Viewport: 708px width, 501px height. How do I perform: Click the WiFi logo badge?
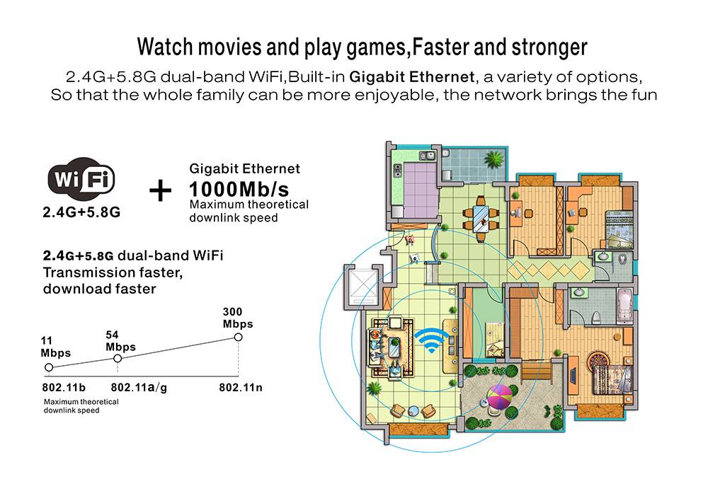click(81, 179)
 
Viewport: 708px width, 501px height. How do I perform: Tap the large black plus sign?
click(160, 191)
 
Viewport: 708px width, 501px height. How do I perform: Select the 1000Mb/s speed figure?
click(239, 189)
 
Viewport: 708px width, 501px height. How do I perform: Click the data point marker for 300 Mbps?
click(238, 337)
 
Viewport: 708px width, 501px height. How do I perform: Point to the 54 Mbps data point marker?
click(118, 358)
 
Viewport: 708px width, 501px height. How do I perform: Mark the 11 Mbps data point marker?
click(49, 367)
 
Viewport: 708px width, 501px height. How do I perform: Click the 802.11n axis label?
click(241, 387)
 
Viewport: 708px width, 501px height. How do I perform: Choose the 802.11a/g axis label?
click(139, 387)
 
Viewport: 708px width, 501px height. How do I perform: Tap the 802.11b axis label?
click(64, 387)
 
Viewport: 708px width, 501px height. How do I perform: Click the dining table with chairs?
click(481, 219)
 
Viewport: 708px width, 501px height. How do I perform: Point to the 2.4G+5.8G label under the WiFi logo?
click(81, 212)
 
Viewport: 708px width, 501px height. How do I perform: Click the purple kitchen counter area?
click(421, 185)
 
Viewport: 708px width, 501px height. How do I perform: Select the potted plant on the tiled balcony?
click(493, 159)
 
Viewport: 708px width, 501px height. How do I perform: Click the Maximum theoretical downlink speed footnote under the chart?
click(81, 405)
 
